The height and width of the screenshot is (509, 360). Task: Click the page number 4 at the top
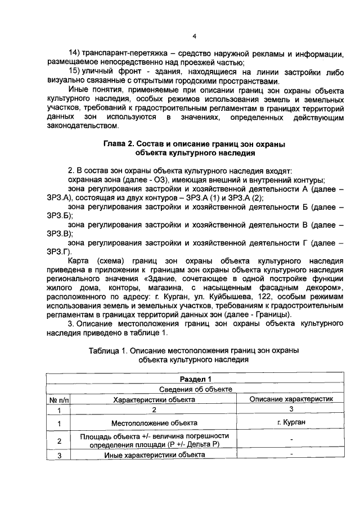point(193,37)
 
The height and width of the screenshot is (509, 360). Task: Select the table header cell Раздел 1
point(195,379)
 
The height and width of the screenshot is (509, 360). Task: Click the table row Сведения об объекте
point(195,389)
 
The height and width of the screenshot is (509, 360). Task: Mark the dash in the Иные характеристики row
point(291,454)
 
